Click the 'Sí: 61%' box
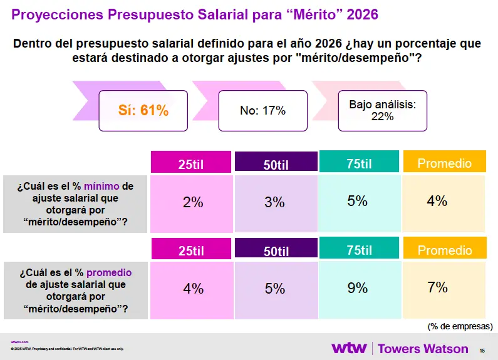(x=143, y=111)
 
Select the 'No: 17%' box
(x=262, y=111)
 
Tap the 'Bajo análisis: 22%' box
(x=382, y=110)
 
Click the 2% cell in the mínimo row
(x=192, y=203)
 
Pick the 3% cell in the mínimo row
(x=275, y=203)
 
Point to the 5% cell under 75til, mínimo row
(x=358, y=202)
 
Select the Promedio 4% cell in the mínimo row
(x=444, y=202)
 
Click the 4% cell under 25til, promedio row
(x=192, y=289)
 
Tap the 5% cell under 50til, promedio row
(x=275, y=289)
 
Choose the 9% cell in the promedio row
(x=358, y=288)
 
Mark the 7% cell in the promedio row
(x=444, y=288)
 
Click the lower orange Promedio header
(x=444, y=250)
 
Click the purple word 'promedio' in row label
(x=108, y=272)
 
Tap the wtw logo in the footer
(x=348, y=348)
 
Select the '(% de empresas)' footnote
(x=460, y=326)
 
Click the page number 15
(x=482, y=350)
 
